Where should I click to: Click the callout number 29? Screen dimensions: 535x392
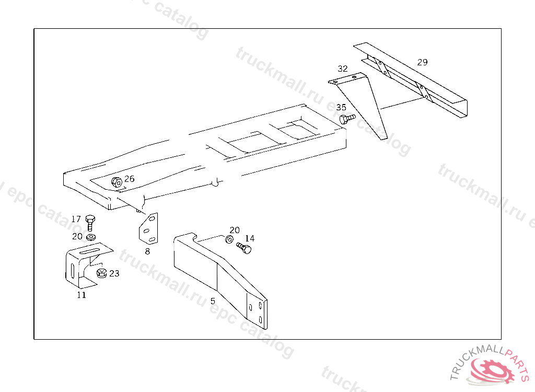pyautogui.click(x=422, y=62)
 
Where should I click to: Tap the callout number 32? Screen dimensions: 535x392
pyautogui.click(x=342, y=68)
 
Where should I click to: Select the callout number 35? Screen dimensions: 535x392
pyautogui.click(x=341, y=108)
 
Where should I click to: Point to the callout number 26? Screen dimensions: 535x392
pyautogui.click(x=129, y=179)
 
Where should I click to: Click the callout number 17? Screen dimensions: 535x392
pyautogui.click(x=76, y=219)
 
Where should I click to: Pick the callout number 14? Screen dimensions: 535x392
pyautogui.click(x=250, y=238)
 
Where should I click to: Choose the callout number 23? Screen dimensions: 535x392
pyautogui.click(x=114, y=273)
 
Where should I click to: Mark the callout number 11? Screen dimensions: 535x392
pyautogui.click(x=82, y=295)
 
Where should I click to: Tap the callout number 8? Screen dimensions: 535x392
pyautogui.click(x=147, y=251)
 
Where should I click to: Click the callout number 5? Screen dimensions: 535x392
pyautogui.click(x=213, y=301)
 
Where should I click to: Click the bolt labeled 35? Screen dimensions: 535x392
pyautogui.click(x=346, y=119)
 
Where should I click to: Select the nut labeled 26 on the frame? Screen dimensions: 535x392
pyautogui.click(x=117, y=182)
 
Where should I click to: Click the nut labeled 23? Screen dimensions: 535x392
pyautogui.click(x=102, y=273)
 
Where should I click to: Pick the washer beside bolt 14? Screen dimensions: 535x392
pyautogui.click(x=229, y=239)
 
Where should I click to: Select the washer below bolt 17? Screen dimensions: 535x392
pyautogui.click(x=90, y=237)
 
